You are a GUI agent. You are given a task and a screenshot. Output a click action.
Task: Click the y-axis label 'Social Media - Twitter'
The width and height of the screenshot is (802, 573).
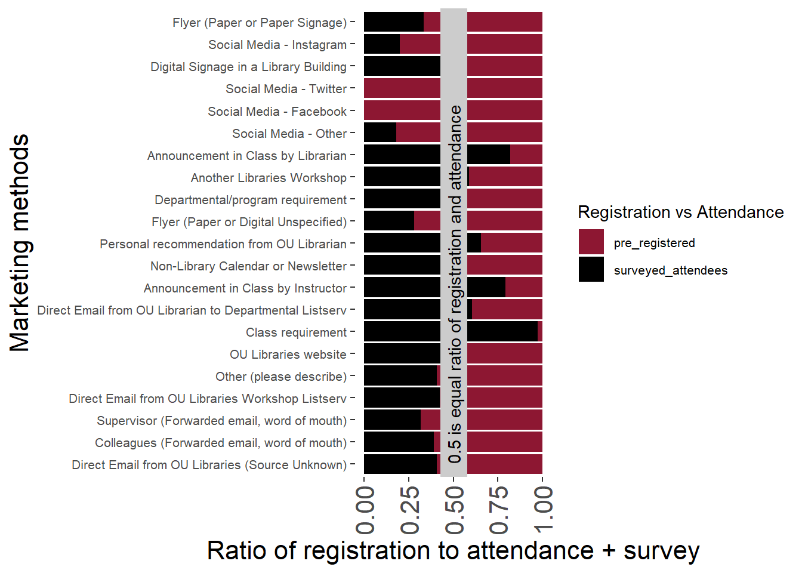click(x=286, y=89)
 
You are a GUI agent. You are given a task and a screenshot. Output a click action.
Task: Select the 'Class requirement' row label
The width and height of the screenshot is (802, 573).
click(x=296, y=332)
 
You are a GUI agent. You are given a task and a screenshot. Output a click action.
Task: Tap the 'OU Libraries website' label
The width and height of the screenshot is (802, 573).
click(x=288, y=355)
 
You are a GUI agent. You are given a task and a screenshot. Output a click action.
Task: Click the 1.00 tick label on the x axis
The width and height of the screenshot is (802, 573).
click(x=543, y=509)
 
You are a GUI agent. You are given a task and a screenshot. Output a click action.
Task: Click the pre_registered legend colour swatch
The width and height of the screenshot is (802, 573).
click(x=591, y=242)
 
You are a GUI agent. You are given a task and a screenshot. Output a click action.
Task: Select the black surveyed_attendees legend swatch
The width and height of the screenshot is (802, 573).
click(x=591, y=270)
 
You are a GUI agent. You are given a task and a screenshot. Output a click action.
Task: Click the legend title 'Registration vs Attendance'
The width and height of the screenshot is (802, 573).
click(x=680, y=212)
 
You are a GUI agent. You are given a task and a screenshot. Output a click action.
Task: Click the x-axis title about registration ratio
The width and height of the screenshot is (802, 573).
click(x=453, y=550)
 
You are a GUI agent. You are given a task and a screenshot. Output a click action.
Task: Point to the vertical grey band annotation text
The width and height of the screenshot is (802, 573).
click(x=454, y=284)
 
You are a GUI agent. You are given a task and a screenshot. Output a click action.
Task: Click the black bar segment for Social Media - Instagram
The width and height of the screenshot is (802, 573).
click(x=382, y=45)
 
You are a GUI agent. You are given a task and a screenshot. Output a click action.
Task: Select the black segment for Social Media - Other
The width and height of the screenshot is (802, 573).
click(x=380, y=133)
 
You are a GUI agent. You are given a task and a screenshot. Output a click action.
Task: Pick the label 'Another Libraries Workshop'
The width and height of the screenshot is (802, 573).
click(x=269, y=178)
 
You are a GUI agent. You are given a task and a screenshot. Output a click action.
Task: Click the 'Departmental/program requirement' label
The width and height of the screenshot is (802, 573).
click(x=251, y=200)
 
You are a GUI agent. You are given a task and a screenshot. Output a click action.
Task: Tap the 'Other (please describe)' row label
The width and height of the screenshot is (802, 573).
click(x=281, y=377)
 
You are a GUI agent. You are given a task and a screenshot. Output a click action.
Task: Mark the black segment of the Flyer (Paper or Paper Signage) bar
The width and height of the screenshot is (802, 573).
click(x=394, y=22)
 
